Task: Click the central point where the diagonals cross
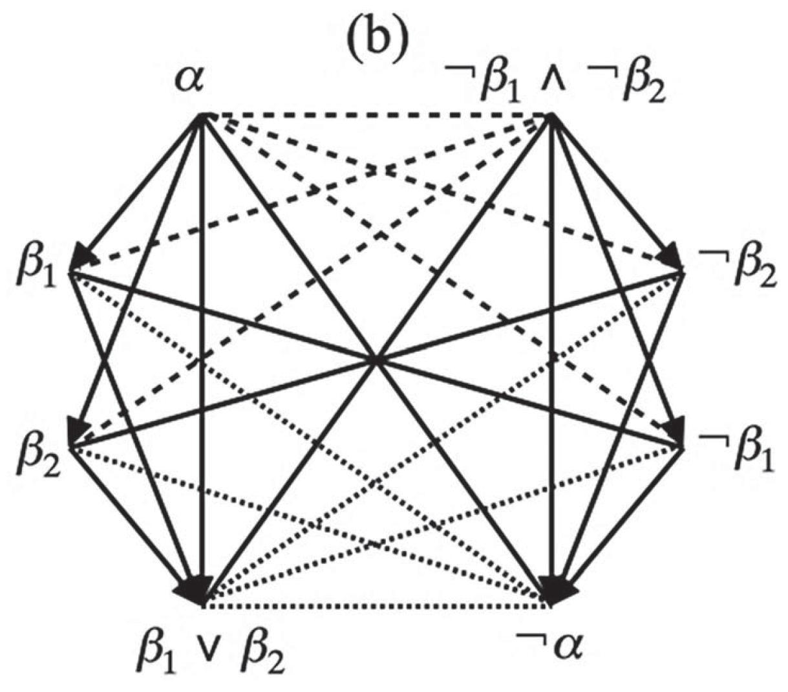click(377, 360)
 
